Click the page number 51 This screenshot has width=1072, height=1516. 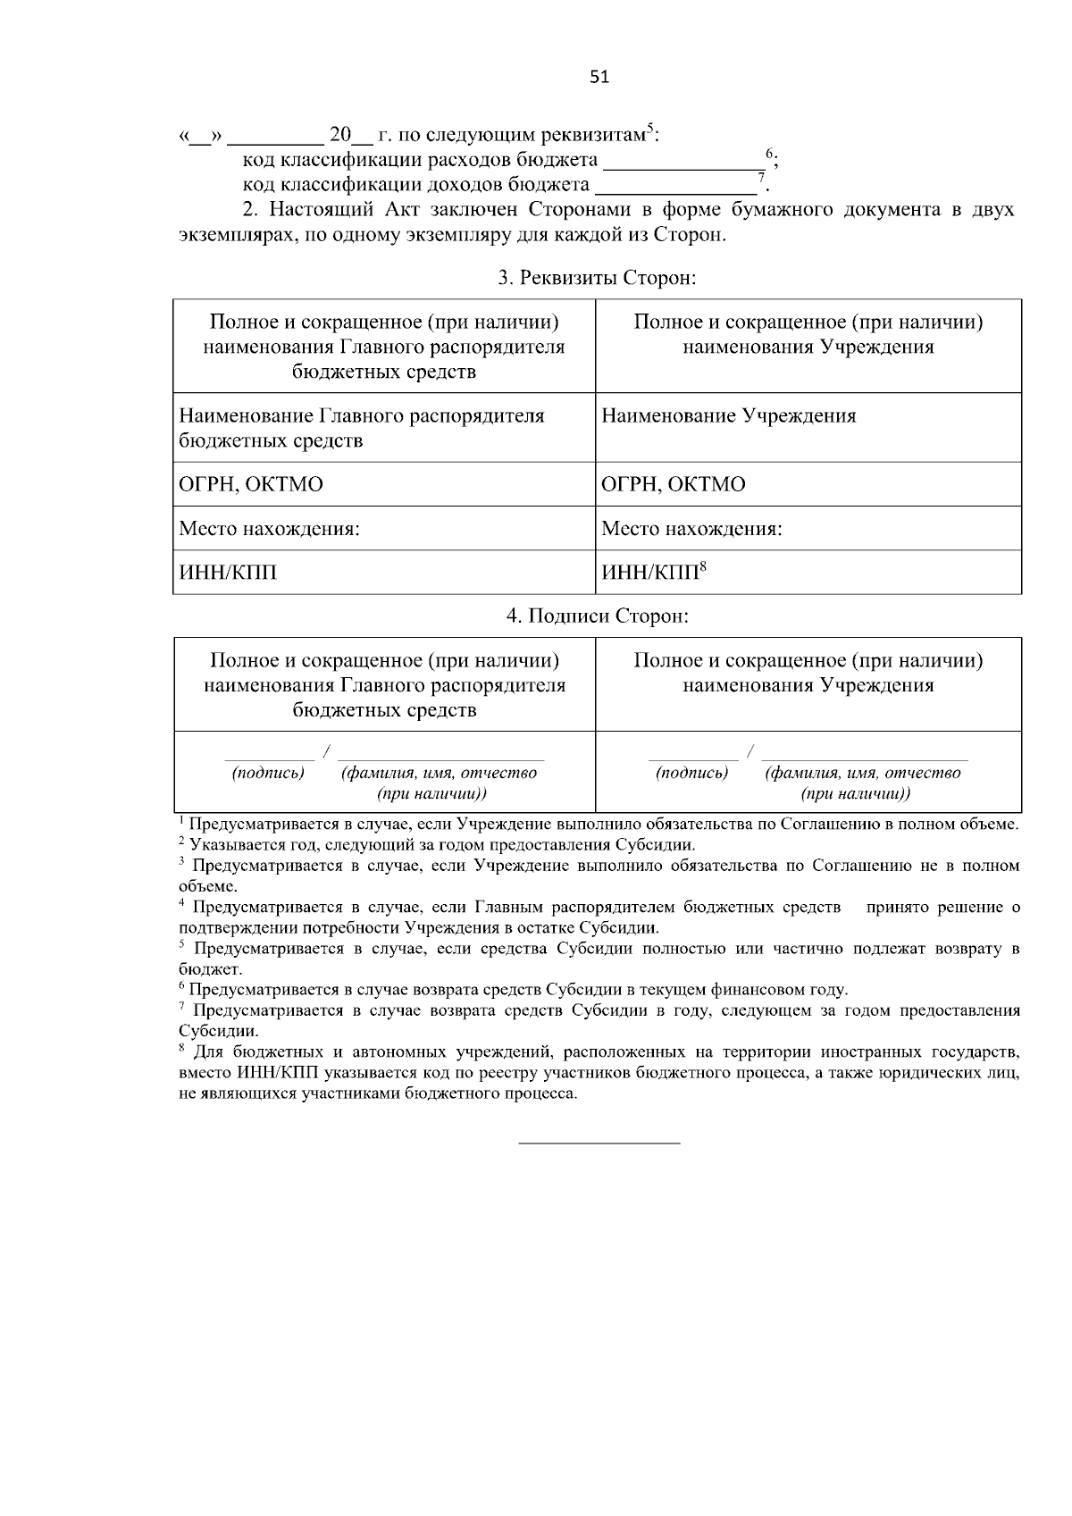pyautogui.click(x=599, y=77)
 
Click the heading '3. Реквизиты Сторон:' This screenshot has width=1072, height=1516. pyautogui.click(x=598, y=278)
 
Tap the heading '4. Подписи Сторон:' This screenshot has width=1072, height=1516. pyautogui.click(x=598, y=616)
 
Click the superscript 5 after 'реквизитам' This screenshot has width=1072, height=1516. pyautogui.click(x=650, y=128)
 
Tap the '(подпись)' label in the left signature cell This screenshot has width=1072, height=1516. pyautogui.click(x=268, y=773)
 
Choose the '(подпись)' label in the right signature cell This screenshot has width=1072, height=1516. pyautogui.click(x=691, y=773)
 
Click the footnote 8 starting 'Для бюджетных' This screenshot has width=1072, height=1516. pyautogui.click(x=599, y=1073)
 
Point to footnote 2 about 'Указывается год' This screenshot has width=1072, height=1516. pyautogui.click(x=438, y=844)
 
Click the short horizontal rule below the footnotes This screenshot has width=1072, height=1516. pyautogui.click(x=599, y=1143)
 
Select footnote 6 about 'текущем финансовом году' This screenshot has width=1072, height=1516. pyautogui.click(x=514, y=990)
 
